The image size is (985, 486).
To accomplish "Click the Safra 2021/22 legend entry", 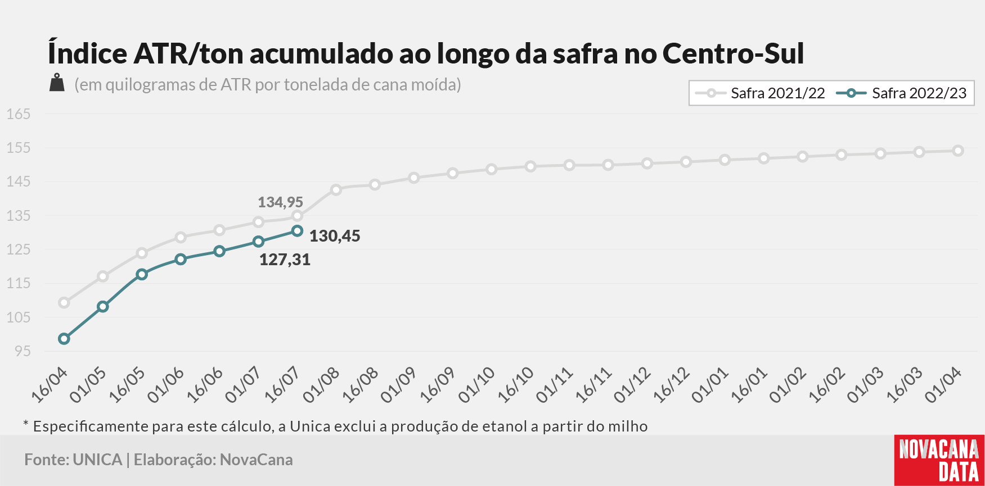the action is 760,93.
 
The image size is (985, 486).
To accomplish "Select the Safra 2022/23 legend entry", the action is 902,93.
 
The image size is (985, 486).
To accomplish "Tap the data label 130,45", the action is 335,236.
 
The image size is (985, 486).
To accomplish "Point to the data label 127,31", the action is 285,260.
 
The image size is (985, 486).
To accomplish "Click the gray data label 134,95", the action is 280,202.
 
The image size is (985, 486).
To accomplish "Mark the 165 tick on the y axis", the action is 18,114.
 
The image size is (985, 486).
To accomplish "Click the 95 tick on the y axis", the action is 23,351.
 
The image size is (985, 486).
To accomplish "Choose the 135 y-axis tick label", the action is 18,216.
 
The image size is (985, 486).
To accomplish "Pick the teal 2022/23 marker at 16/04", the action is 64,339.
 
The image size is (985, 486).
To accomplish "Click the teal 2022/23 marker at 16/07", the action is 298,231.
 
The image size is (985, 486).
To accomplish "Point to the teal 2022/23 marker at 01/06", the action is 181,260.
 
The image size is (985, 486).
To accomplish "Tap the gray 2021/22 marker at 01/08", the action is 336,190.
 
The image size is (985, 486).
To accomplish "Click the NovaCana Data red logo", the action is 939,460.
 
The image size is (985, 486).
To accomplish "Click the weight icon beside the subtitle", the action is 57,83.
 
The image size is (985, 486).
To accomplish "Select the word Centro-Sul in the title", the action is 734,53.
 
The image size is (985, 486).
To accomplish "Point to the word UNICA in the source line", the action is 97,460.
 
